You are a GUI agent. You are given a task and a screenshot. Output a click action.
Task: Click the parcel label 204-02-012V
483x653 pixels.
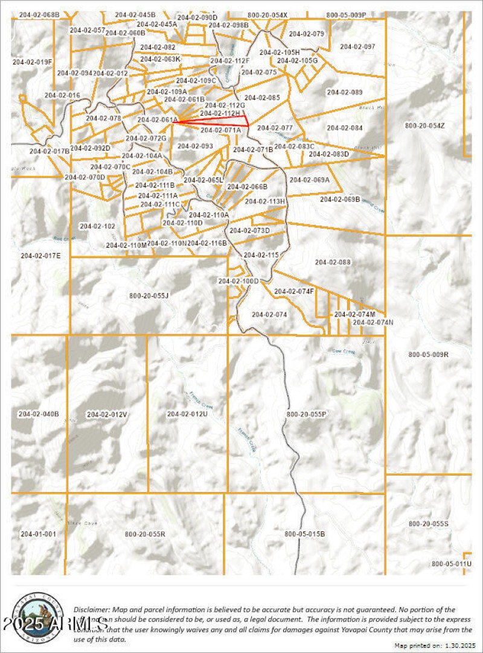tap(107, 414)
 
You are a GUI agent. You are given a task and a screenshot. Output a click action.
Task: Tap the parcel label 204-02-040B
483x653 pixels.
tap(39, 414)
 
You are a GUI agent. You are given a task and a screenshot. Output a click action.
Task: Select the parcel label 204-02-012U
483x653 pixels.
tap(187, 414)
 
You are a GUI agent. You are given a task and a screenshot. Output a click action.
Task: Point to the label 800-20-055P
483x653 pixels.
tap(306, 414)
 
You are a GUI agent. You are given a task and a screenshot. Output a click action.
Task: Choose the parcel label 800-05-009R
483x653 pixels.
tap(429, 354)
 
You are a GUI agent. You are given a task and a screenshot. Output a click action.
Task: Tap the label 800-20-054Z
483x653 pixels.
tap(424, 125)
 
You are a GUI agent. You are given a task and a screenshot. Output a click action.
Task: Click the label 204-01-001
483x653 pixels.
tap(38, 534)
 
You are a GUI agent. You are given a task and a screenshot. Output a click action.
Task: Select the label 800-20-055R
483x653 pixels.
tap(145, 534)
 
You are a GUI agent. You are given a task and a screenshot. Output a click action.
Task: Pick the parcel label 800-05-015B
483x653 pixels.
tap(305, 534)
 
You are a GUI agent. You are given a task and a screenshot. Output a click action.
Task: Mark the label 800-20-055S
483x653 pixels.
tap(429, 524)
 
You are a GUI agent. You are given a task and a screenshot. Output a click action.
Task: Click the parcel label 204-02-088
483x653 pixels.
tap(333, 262)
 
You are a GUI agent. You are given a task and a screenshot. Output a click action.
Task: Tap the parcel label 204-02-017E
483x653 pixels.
tap(41, 256)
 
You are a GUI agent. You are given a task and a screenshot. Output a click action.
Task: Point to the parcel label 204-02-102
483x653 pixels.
tap(97, 226)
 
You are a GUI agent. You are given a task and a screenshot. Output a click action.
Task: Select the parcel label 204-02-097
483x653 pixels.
tap(357, 46)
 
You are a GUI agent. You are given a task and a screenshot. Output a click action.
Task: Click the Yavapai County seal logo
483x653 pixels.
tap(37, 615)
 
